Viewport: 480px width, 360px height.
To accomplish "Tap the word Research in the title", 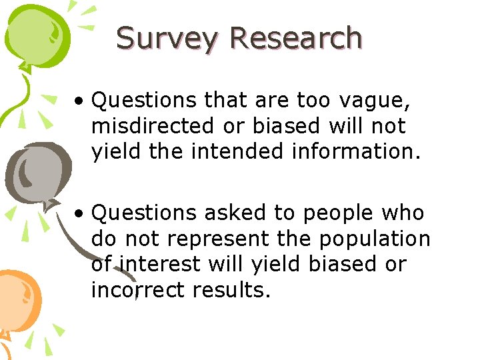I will pyautogui.click(x=296, y=39).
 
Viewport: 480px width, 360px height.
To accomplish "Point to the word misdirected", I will pyautogui.click(x=155, y=127).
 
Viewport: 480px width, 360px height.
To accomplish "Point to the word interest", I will pyautogui.click(x=159, y=264).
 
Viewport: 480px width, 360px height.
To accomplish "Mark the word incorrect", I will pyautogui.click(x=138, y=290).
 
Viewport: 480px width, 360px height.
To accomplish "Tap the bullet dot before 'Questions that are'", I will pyautogui.click(x=79, y=102).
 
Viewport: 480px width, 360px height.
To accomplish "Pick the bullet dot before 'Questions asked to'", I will pyautogui.click(x=79, y=215).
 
